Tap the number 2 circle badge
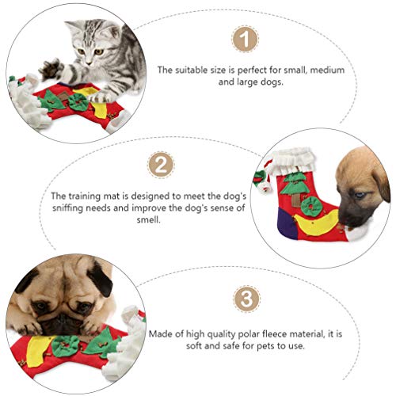(x=161, y=165)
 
